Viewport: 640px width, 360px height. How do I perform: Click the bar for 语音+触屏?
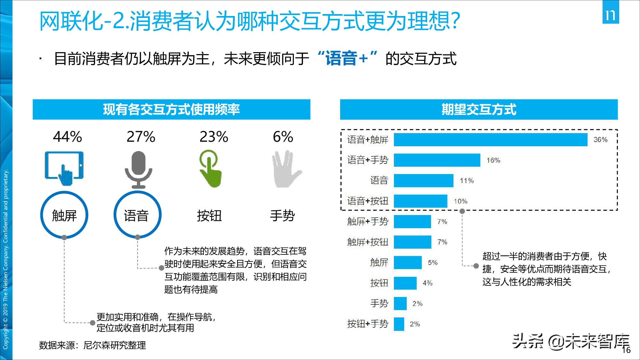click(x=490, y=140)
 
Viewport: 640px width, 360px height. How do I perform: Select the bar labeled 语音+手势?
click(x=437, y=160)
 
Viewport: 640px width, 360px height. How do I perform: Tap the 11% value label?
click(x=467, y=181)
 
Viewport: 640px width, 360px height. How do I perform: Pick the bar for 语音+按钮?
click(x=420, y=201)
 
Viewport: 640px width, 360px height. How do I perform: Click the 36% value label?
click(x=600, y=140)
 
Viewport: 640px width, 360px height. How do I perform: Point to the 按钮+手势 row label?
click(x=368, y=324)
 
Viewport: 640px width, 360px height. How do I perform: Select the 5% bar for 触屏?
click(x=407, y=263)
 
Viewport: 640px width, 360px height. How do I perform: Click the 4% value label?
click(x=428, y=283)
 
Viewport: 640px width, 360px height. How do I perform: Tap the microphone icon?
click(x=138, y=170)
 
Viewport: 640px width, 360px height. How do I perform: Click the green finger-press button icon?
click(x=210, y=169)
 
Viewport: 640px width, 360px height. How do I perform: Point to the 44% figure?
click(x=67, y=137)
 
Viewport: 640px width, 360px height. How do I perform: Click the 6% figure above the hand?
click(x=283, y=137)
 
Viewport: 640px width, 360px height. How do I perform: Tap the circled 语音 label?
click(x=137, y=215)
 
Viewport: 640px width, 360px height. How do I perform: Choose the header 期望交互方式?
click(x=479, y=109)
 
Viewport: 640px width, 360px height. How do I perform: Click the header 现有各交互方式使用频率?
click(x=171, y=109)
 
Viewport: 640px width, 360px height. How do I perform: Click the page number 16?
click(x=626, y=350)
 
